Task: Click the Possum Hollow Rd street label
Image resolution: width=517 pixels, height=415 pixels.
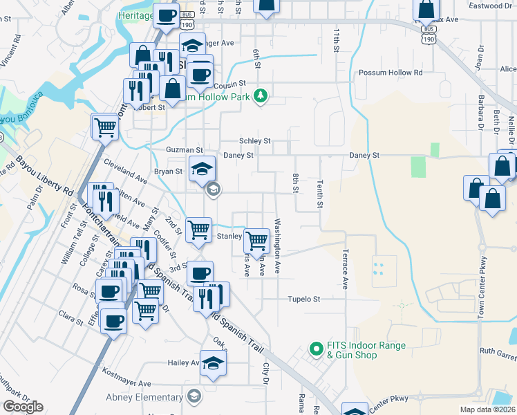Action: tap(390, 73)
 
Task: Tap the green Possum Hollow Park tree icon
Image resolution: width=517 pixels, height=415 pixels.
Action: tap(261, 95)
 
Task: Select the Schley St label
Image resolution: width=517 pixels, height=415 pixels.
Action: tap(254, 140)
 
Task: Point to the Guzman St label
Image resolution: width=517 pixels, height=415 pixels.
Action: tap(185, 149)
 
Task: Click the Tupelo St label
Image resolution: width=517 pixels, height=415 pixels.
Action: tap(305, 299)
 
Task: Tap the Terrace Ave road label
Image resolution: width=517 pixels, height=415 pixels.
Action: tap(344, 269)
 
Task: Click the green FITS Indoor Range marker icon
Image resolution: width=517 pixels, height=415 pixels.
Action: tap(316, 349)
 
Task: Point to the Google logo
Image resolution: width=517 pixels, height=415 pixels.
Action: tap(23, 407)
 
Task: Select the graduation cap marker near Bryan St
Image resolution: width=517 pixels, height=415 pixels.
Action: tap(201, 169)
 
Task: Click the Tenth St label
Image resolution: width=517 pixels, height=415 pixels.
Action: tap(320, 194)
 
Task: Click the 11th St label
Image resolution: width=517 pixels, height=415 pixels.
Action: tap(336, 41)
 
